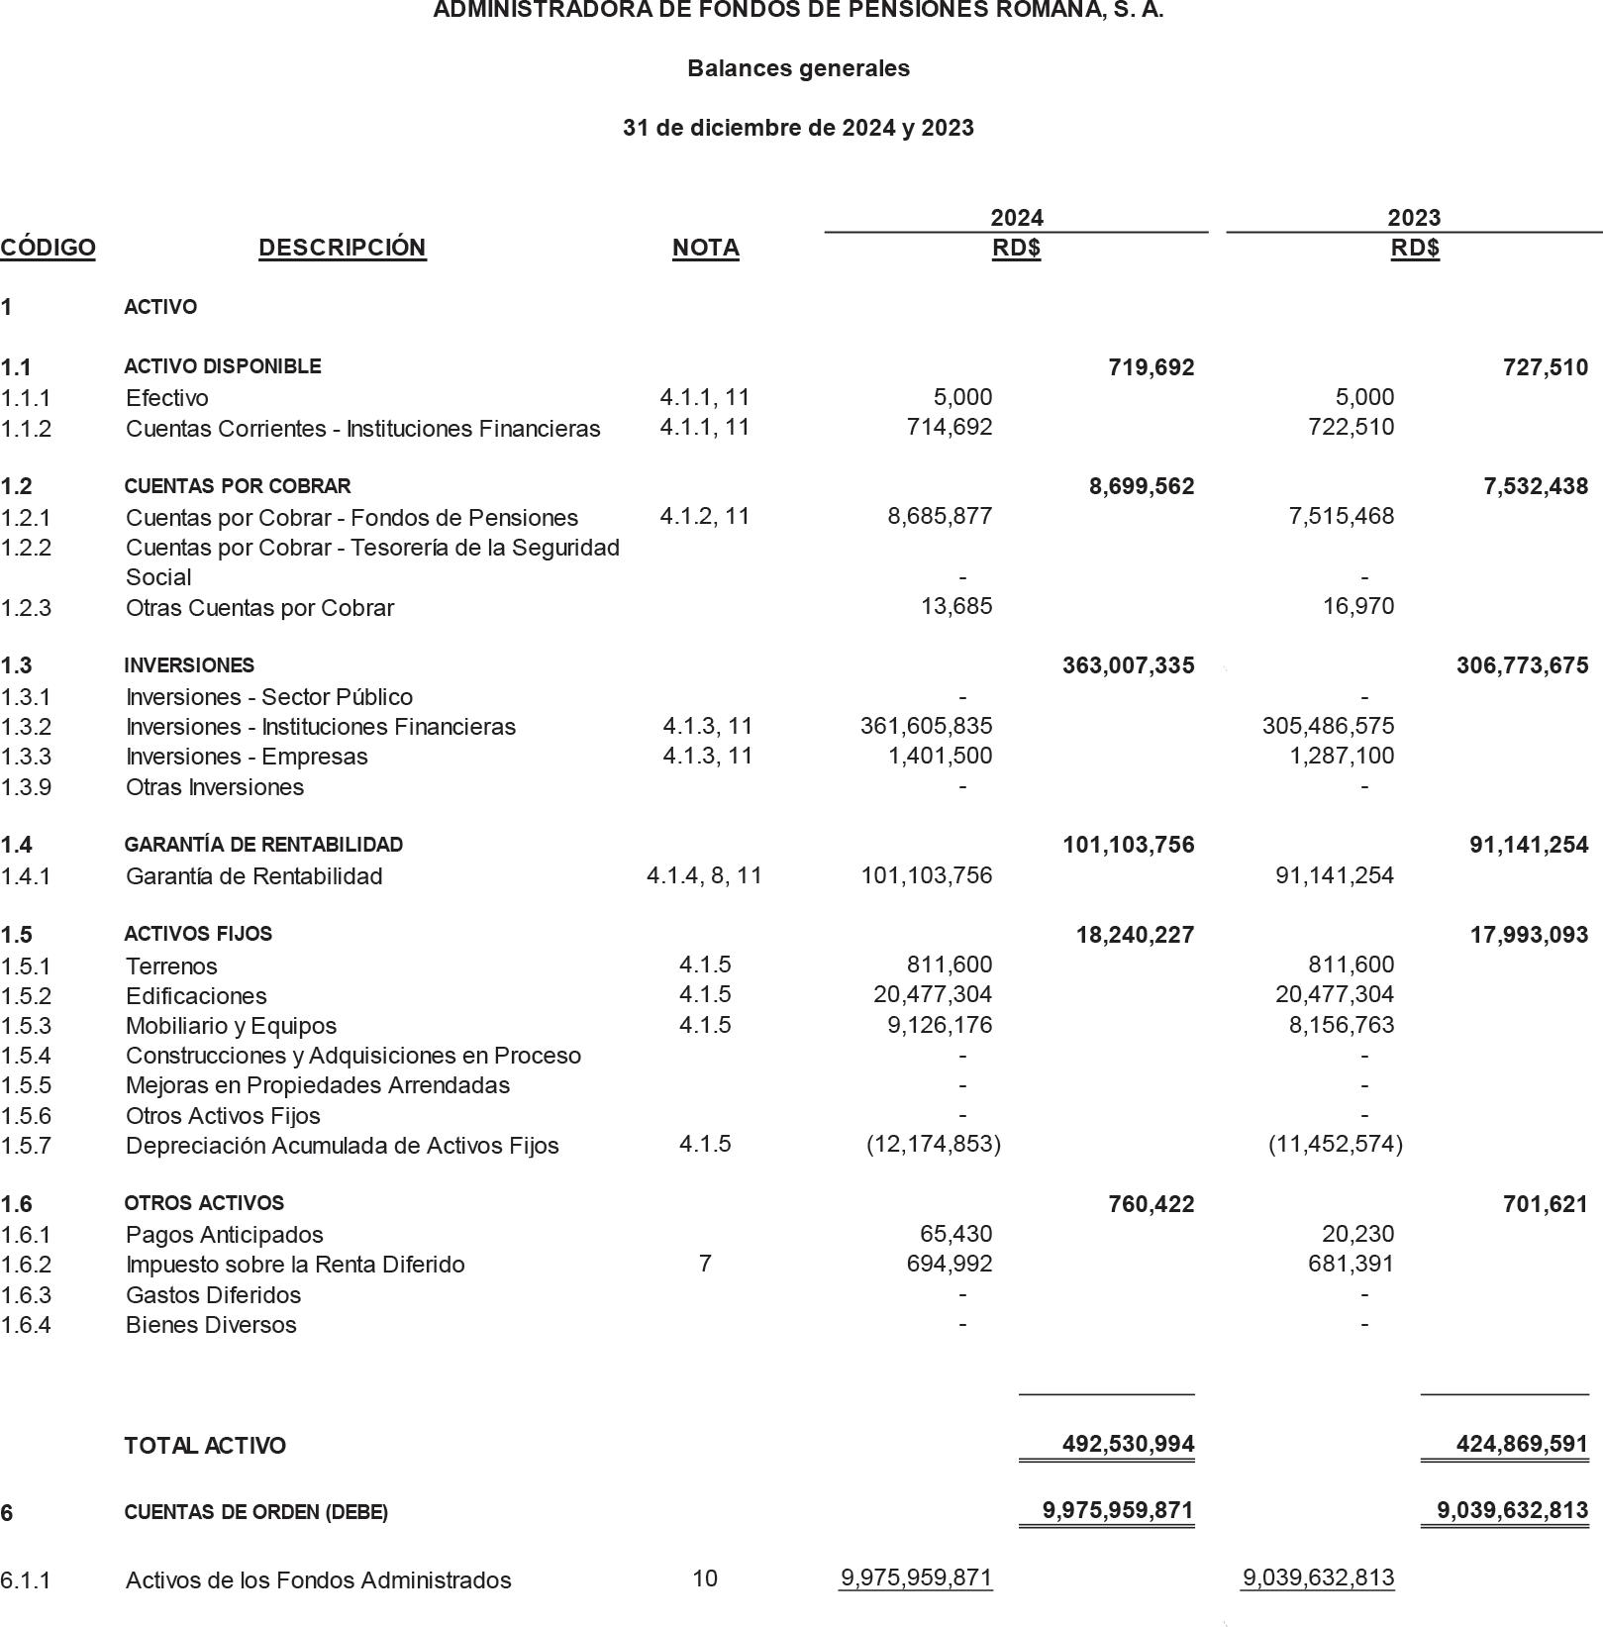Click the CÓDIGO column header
pyautogui.click(x=48, y=248)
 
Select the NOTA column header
pyautogui.click(x=705, y=248)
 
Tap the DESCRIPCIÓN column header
pyautogui.click(x=342, y=248)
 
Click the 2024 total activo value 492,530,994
pyautogui.click(x=1128, y=1444)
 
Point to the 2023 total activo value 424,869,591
pyautogui.click(x=1522, y=1444)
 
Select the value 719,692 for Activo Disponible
pyautogui.click(x=1151, y=367)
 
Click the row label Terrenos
pyautogui.click(x=171, y=966)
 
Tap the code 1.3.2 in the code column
pyautogui.click(x=26, y=727)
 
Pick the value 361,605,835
pyautogui.click(x=926, y=726)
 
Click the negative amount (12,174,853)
pyautogui.click(x=934, y=1144)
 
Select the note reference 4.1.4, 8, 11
pyautogui.click(x=704, y=875)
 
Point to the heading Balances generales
pyautogui.click(x=798, y=68)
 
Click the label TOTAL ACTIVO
pyautogui.click(x=205, y=1446)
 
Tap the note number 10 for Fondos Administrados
pyautogui.click(x=704, y=1577)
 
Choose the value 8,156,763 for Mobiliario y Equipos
pyautogui.click(x=1341, y=1025)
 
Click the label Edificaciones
pyautogui.click(x=196, y=995)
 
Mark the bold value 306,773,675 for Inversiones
pyautogui.click(x=1522, y=665)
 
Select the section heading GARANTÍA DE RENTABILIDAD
pyautogui.click(x=263, y=845)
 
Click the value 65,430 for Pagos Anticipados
pyautogui.click(x=955, y=1234)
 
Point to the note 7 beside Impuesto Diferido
pyautogui.click(x=704, y=1264)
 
